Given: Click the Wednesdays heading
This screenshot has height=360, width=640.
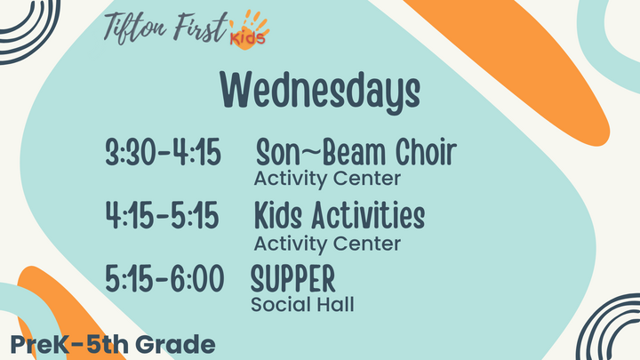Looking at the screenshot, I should pos(320,90).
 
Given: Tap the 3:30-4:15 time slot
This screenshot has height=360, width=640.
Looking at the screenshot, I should pos(163,154).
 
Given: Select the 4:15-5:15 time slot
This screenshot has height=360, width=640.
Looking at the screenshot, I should pos(163,217).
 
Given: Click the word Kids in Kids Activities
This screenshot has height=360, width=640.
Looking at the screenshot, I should pos(279,216).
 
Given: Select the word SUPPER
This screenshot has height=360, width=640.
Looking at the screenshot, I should pos(293,279).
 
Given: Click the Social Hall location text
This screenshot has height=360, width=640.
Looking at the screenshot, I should pos(302,305).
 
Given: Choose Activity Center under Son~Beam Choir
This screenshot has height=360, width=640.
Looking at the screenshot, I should pos(327,180).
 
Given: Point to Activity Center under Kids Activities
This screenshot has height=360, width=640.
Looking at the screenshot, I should pos(327,243).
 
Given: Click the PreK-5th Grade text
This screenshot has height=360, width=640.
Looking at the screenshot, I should pos(113,343).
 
